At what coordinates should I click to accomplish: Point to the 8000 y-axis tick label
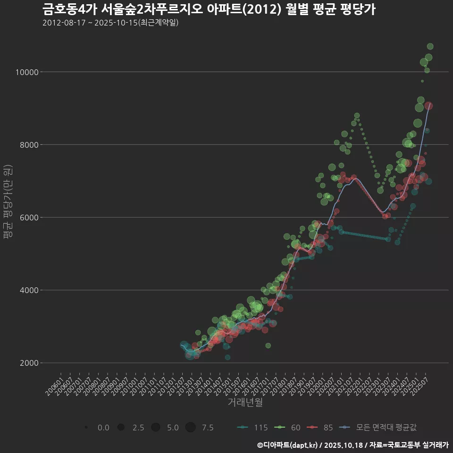[30, 145]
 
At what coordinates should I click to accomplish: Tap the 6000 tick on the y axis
[30, 218]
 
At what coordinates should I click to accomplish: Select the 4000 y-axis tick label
[30, 290]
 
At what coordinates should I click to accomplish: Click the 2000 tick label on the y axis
[30, 363]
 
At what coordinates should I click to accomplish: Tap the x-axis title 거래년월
[245, 403]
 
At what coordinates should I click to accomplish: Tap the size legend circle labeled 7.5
[190, 428]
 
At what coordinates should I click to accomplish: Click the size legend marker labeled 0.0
[86, 428]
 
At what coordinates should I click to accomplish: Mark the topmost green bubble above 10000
[430, 46]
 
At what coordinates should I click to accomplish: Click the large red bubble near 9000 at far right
[428, 106]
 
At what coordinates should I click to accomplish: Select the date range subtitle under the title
[110, 23]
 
